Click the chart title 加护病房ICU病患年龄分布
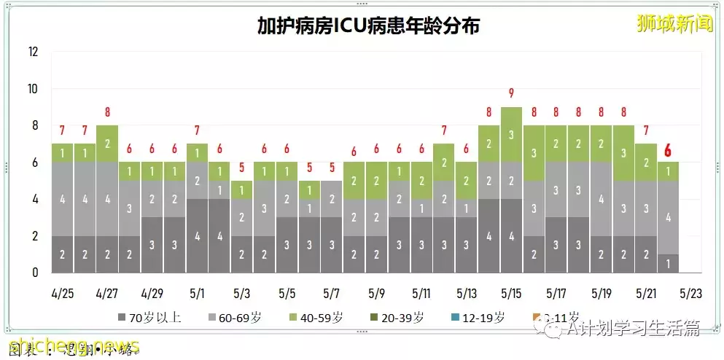368,26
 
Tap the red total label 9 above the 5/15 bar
511,93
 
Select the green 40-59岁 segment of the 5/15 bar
511,134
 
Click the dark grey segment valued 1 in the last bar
669,263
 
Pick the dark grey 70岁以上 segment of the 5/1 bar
197,235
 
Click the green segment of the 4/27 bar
107,144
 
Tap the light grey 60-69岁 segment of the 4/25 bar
63,199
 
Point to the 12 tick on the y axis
33,52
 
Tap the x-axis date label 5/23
691,294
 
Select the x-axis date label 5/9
376,294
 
